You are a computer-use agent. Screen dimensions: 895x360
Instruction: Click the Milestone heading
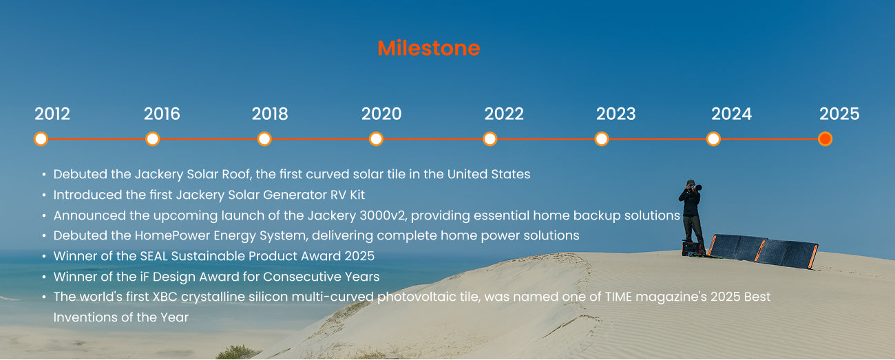(x=429, y=48)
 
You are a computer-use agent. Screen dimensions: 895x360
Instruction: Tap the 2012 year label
(x=52, y=114)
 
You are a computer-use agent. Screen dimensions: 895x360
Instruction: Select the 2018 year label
(x=270, y=114)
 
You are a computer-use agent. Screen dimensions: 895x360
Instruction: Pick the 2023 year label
(x=615, y=114)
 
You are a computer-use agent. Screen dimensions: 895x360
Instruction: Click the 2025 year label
(x=839, y=114)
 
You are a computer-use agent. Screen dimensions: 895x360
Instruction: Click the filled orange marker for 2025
(x=825, y=139)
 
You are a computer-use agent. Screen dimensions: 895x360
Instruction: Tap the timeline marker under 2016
(x=153, y=139)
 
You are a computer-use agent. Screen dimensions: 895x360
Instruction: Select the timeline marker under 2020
(x=376, y=139)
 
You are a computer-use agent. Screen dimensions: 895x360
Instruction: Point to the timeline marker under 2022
(x=490, y=139)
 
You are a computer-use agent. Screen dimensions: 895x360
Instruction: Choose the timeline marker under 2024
(x=714, y=139)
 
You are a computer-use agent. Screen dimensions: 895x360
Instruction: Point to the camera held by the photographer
(x=695, y=187)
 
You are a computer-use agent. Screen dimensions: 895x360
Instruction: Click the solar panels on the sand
(x=763, y=251)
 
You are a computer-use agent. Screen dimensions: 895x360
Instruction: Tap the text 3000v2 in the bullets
(x=383, y=215)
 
